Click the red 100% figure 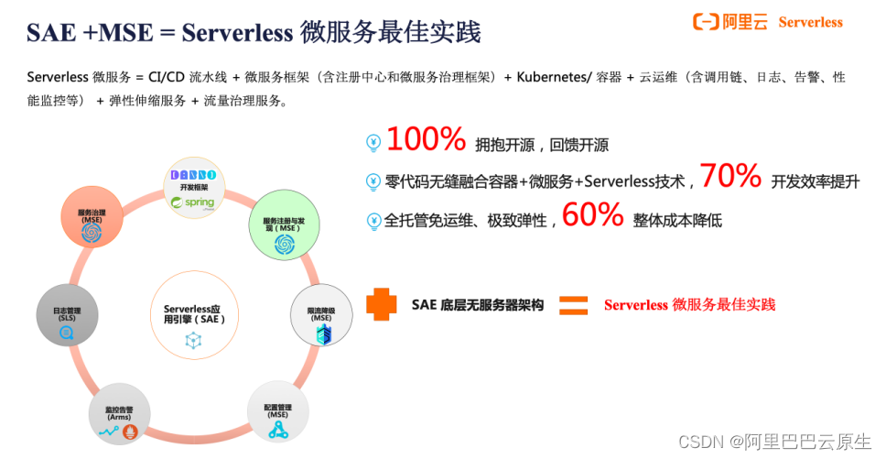coord(426,140)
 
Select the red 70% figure coord(730,177)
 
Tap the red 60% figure coord(592,216)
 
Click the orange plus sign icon coord(383,304)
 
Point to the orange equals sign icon coord(573,304)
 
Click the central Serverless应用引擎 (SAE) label coord(193,314)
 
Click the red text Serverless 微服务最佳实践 coord(689,305)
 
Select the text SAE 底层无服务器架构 coord(477,305)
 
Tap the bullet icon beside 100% coord(373,143)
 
